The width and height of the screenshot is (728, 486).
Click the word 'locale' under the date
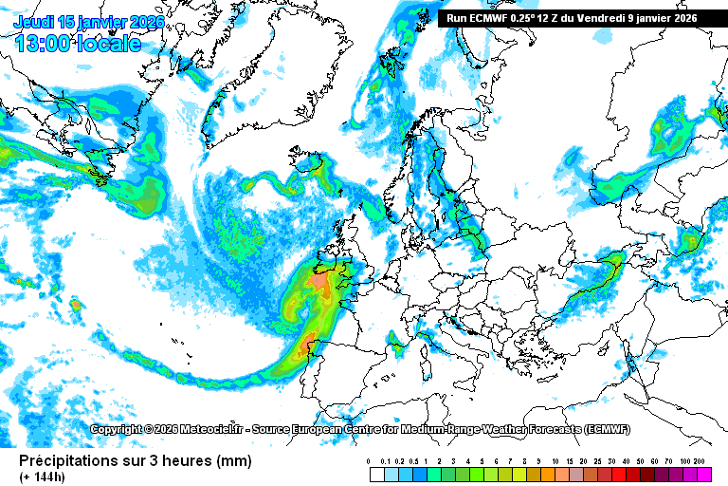pos(110,43)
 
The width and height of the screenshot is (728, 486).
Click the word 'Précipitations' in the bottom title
pos(70,461)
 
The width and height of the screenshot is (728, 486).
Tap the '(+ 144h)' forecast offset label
pos(43,477)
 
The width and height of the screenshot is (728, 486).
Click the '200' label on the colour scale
pos(701,461)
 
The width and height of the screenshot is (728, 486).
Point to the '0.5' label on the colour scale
pos(414,461)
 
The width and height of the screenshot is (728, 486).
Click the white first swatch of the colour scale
pos(377,474)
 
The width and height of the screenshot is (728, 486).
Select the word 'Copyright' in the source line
pos(118,429)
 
